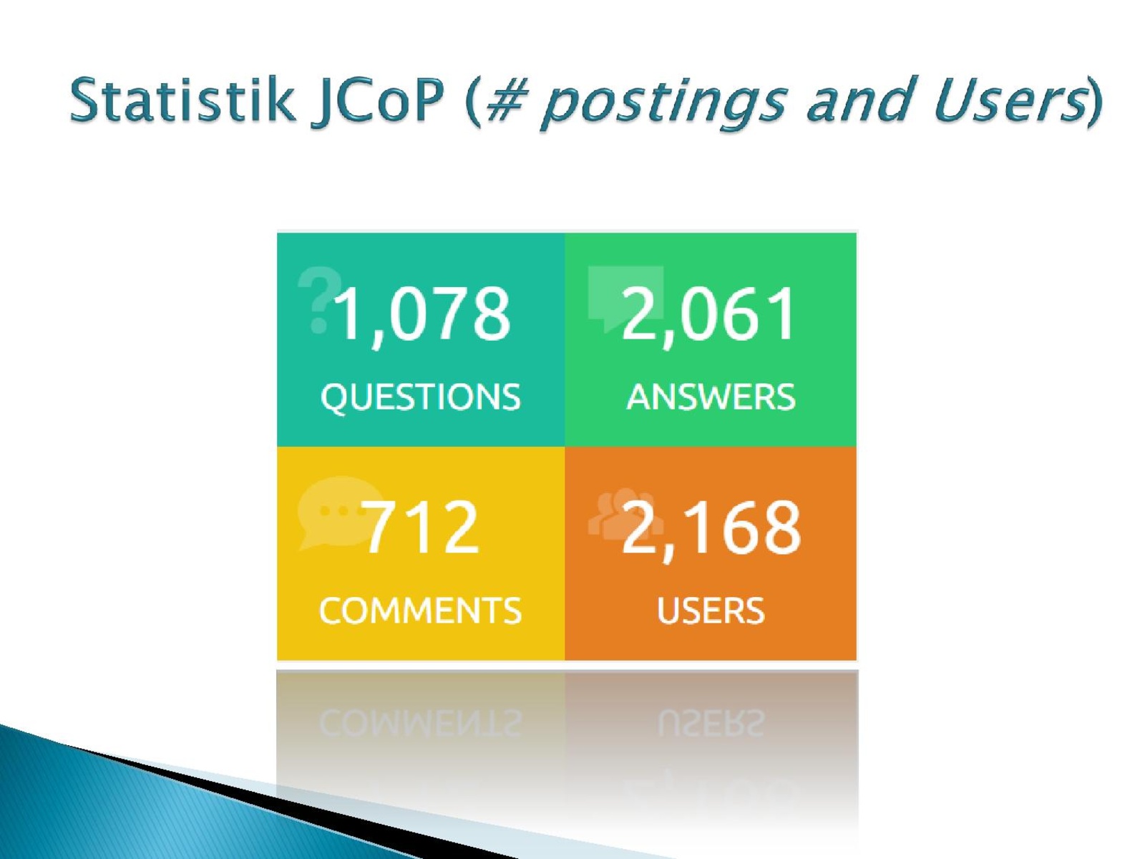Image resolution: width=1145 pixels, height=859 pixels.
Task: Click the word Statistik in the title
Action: tap(182, 99)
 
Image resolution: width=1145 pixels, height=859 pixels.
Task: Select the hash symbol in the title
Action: tap(505, 100)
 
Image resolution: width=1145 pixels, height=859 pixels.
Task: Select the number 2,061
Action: tap(709, 315)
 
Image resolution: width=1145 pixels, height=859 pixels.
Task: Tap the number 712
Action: tap(421, 527)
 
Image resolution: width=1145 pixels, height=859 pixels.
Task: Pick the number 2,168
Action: tap(711, 528)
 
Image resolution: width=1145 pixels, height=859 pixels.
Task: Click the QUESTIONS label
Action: tap(421, 397)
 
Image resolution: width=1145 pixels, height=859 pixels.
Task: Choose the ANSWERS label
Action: tap(711, 397)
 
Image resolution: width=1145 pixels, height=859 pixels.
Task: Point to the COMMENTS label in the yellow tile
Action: tap(421, 611)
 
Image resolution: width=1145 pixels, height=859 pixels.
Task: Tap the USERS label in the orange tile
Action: tap(711, 611)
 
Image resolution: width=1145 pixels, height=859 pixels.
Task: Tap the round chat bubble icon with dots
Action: tap(339, 513)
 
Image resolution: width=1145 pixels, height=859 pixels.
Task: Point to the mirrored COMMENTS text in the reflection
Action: tap(421, 723)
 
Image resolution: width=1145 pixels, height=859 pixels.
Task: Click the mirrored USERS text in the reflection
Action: tap(711, 723)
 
